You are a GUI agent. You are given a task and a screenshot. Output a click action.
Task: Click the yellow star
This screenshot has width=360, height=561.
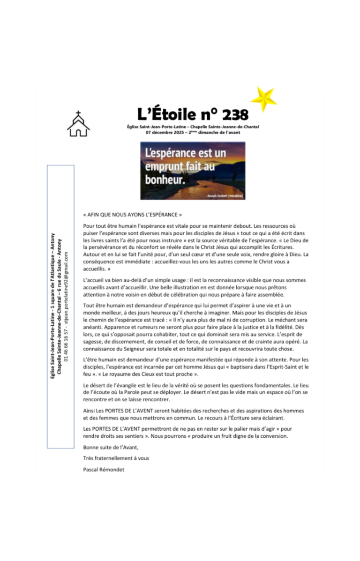point(263,99)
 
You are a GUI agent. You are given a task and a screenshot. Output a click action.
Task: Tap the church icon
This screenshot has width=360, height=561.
point(78,124)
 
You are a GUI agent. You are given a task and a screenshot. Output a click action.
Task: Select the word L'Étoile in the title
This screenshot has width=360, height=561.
point(160,114)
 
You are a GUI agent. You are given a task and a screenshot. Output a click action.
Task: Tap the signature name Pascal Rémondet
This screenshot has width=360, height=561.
point(104,469)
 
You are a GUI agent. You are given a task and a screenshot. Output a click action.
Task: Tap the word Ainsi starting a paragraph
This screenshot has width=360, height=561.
point(89,411)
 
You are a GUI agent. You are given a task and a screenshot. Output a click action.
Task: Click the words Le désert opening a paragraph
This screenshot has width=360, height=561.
point(92,385)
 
